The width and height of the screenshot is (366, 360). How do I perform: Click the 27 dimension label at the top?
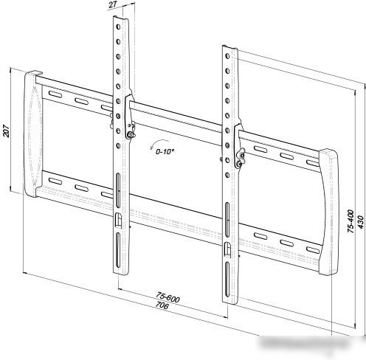tap(113, 5)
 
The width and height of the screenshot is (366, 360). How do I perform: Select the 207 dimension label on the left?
tap(6, 131)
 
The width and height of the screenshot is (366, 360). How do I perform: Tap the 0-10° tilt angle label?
tap(165, 151)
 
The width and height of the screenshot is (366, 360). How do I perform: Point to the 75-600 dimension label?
tap(168, 297)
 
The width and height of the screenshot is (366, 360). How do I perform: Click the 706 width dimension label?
tap(162, 305)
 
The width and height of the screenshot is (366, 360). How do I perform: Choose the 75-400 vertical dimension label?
tap(351, 221)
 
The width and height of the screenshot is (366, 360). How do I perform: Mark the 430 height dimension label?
tap(360, 222)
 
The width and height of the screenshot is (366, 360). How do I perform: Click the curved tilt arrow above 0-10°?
tap(159, 142)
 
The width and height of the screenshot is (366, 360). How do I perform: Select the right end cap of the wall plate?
tap(330, 212)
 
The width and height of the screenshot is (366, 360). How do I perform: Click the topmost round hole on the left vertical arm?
tap(118, 27)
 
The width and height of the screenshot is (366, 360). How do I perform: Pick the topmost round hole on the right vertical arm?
tap(227, 56)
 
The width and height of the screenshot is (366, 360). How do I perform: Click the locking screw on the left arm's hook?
tap(130, 134)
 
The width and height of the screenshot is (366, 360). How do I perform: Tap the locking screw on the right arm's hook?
tap(238, 164)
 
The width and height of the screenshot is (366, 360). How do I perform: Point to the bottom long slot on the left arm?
tap(118, 250)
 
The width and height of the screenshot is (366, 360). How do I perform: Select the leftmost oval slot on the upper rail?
tap(55, 94)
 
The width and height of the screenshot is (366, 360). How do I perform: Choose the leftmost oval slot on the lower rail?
tap(55, 181)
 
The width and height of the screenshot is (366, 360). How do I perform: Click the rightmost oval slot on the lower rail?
tap(313, 250)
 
